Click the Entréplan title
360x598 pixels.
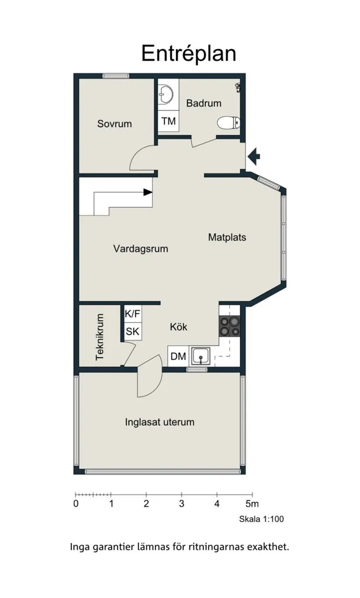point(189,54)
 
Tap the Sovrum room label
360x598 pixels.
point(115,124)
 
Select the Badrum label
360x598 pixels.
point(204,103)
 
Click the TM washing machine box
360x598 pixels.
point(168,121)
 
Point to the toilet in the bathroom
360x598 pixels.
point(229,123)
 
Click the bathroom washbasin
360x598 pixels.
point(166,93)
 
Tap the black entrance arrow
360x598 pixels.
point(254,155)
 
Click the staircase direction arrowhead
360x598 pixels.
point(148,192)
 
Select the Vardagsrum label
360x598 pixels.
point(140,249)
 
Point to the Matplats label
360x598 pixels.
point(227,237)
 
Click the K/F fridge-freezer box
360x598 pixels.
point(133,314)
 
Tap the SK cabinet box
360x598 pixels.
point(133,332)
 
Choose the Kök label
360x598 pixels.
point(179,327)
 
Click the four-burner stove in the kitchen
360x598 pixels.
point(230,326)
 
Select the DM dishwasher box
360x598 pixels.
point(178,356)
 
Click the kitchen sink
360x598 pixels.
point(200,357)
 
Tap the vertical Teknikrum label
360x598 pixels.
point(100,337)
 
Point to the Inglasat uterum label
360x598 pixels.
point(160,422)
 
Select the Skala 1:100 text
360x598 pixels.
point(261,519)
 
